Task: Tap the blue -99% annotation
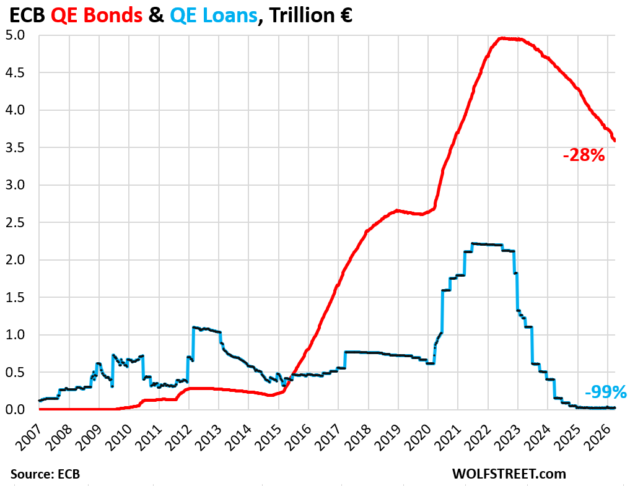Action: tap(605, 392)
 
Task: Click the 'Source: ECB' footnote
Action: tap(45, 474)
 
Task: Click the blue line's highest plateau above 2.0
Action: tap(486, 244)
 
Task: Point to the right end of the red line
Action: tap(615, 141)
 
